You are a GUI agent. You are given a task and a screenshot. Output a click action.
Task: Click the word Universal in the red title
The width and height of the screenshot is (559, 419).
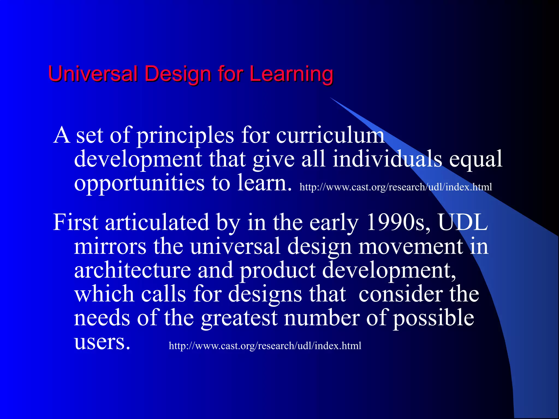[x=93, y=74]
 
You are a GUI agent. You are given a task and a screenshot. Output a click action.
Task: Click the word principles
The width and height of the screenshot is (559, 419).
[x=185, y=136]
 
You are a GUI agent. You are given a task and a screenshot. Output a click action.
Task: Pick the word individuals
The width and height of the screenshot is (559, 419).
[x=387, y=159]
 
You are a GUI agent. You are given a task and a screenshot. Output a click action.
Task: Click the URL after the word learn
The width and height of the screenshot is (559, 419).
[x=396, y=187]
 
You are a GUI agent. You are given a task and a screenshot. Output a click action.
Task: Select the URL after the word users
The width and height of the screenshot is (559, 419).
[x=265, y=346]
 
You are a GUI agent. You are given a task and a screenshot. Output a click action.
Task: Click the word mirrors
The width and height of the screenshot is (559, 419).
[x=110, y=246]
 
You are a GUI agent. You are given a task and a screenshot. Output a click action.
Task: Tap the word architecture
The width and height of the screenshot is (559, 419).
[x=132, y=270]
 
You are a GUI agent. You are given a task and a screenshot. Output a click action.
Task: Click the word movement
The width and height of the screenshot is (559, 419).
[x=410, y=246]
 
